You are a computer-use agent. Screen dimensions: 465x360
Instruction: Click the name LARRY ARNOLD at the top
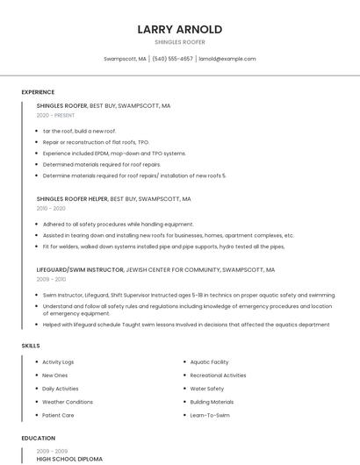[x=179, y=29]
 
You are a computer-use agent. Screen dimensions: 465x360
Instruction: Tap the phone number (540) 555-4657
[x=172, y=59]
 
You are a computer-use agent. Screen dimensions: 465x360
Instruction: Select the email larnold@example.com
[x=227, y=59]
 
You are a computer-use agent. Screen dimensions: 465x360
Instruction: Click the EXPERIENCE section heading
[x=38, y=92]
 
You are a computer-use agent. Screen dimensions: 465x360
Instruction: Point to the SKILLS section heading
[x=31, y=346]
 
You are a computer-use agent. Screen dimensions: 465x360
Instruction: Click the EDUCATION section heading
[x=38, y=438]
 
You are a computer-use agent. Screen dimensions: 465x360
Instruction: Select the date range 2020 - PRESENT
[x=55, y=115]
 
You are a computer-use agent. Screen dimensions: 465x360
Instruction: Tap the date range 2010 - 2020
[x=51, y=208]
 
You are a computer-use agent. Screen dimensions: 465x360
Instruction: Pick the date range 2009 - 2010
[x=51, y=279]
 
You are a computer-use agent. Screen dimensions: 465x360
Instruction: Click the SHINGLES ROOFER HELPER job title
[x=72, y=199]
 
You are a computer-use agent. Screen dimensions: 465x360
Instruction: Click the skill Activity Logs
[x=58, y=362]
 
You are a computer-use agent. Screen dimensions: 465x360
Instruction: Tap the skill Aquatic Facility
[x=209, y=362]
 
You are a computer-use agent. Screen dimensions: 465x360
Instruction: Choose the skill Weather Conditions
[x=68, y=402]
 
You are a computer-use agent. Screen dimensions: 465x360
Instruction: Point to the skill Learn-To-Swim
[x=210, y=415]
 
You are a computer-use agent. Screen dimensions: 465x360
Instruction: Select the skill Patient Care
[x=58, y=415]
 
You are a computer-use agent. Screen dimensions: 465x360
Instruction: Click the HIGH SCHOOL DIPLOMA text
[x=69, y=459]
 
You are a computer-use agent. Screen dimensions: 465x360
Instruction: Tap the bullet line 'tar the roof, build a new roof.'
[x=79, y=131]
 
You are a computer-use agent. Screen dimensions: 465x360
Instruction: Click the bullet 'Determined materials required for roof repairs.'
[x=101, y=164]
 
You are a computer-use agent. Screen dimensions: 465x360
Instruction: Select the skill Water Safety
[x=206, y=389]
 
